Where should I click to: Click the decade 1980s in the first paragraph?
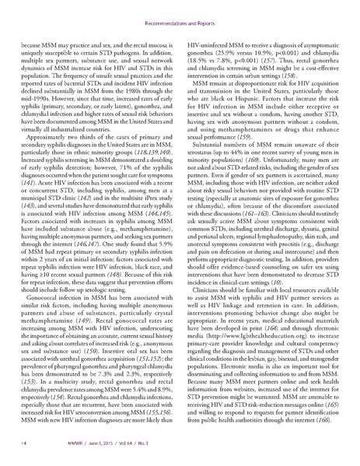(x=112, y=79)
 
